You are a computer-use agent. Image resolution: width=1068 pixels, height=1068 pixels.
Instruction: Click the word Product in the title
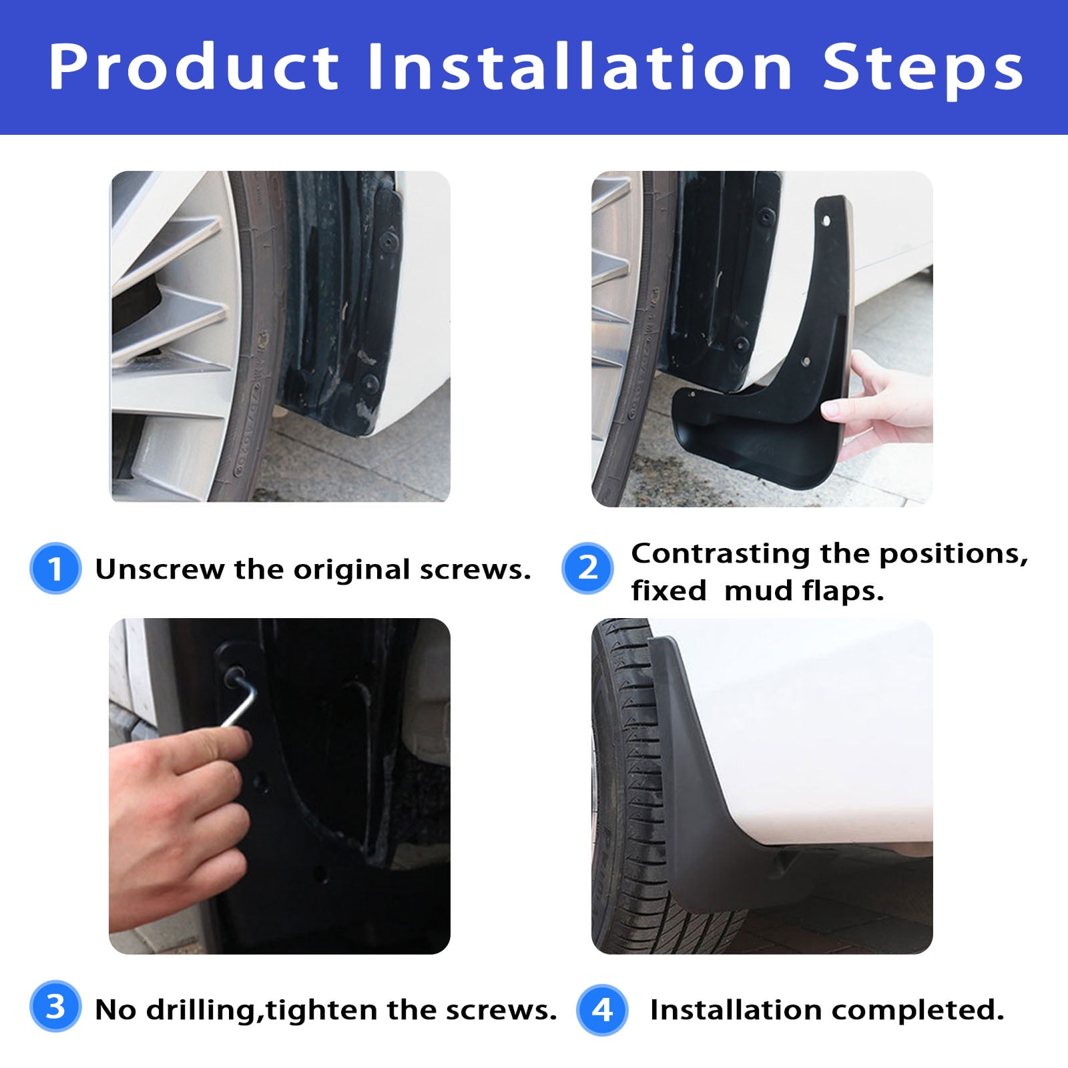tap(194, 67)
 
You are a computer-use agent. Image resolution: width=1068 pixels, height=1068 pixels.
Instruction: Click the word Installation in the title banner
tap(580, 67)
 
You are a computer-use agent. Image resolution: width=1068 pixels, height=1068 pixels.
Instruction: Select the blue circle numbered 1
tap(55, 569)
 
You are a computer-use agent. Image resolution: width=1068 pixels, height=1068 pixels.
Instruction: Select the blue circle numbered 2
tap(587, 568)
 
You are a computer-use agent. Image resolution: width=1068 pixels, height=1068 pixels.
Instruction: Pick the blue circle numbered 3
tap(55, 1006)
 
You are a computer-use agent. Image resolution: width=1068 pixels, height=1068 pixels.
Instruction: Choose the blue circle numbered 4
tap(602, 1011)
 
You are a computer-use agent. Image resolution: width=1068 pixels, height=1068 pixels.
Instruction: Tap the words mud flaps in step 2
tap(804, 591)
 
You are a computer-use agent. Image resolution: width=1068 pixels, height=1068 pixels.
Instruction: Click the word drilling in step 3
tap(201, 1010)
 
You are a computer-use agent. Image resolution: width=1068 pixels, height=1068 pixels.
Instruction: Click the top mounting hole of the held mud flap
tap(826, 220)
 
